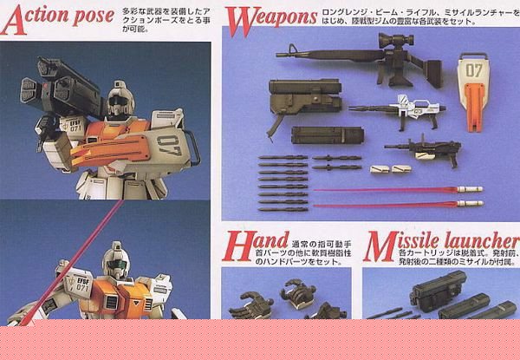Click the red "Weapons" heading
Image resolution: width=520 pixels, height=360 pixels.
269,16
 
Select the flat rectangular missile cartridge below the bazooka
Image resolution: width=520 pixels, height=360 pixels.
327,136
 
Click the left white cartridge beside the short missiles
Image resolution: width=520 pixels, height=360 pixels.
378,167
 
